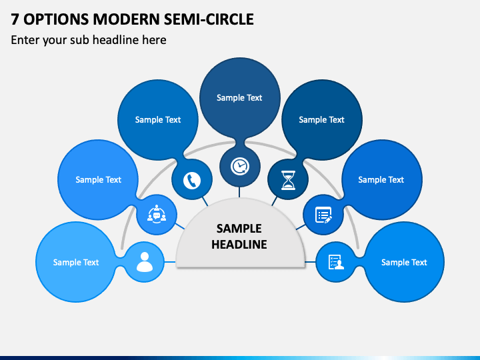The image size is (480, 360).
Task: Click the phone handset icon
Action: pyautogui.click(x=192, y=180)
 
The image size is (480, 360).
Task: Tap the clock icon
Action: pyautogui.click(x=240, y=166)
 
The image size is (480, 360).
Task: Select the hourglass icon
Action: pyautogui.click(x=288, y=180)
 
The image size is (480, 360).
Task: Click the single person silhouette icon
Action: pyautogui.click(x=145, y=262)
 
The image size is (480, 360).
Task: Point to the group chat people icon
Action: pyautogui.click(x=157, y=214)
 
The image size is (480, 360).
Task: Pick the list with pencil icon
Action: pyautogui.click(x=323, y=215)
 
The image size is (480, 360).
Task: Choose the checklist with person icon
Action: pyautogui.click(x=336, y=262)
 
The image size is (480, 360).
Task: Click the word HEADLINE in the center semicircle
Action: pyautogui.click(x=239, y=244)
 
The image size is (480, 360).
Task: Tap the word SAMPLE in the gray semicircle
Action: pyautogui.click(x=239, y=229)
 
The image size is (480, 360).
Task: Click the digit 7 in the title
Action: pyautogui.click(x=15, y=19)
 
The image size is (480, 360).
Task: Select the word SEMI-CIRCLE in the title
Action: pyautogui.click(x=209, y=19)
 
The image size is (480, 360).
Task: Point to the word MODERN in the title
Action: pyautogui.click(x=126, y=19)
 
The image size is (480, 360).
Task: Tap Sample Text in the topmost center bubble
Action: pyautogui.click(x=239, y=97)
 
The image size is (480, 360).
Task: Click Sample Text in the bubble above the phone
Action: pyautogui.click(x=158, y=120)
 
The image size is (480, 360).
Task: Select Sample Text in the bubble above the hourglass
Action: pyautogui.click(x=321, y=120)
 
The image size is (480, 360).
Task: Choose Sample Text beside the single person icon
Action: pyautogui.click(x=76, y=263)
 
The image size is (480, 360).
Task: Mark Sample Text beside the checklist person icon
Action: pyautogui.click(x=404, y=263)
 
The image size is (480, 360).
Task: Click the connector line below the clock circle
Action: pyautogui.click(x=239, y=192)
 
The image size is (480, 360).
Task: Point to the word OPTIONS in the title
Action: pyautogui.click(x=56, y=19)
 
